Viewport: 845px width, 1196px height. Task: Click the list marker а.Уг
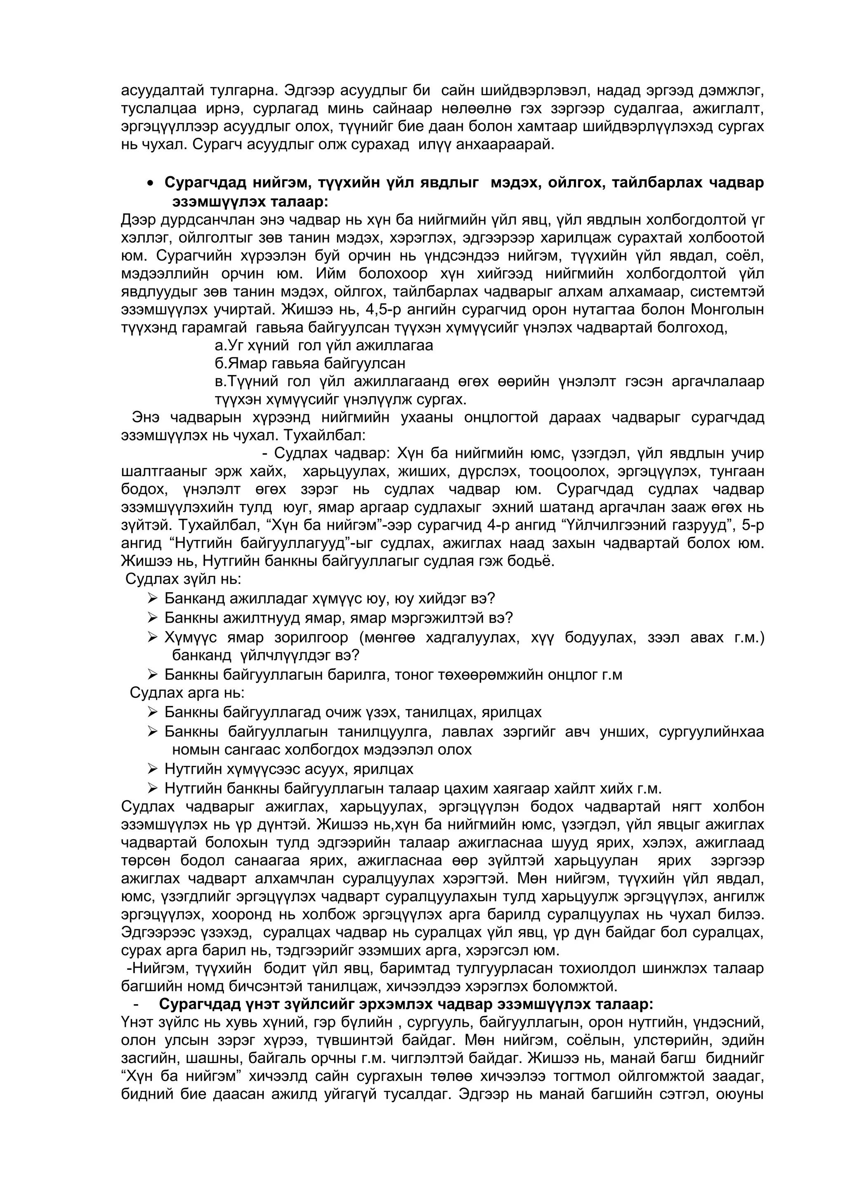pyautogui.click(x=224, y=345)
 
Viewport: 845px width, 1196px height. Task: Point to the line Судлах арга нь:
pyautogui.click(x=187, y=693)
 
